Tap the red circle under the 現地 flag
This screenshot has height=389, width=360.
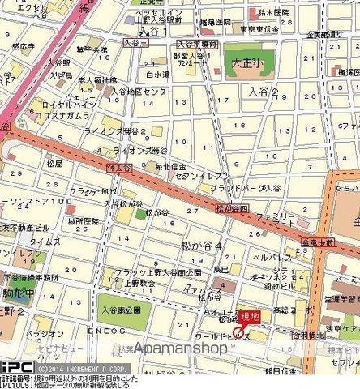coord(238,331)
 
